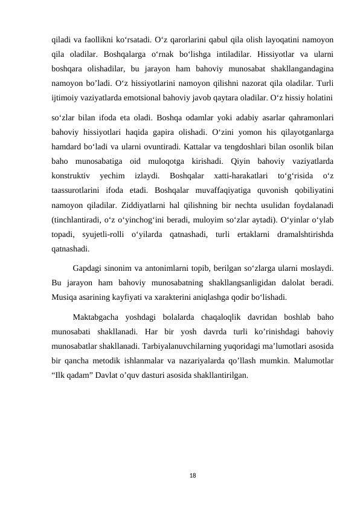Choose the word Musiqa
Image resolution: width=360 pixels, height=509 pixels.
[65, 297]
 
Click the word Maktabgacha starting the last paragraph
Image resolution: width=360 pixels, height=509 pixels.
[95, 317]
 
